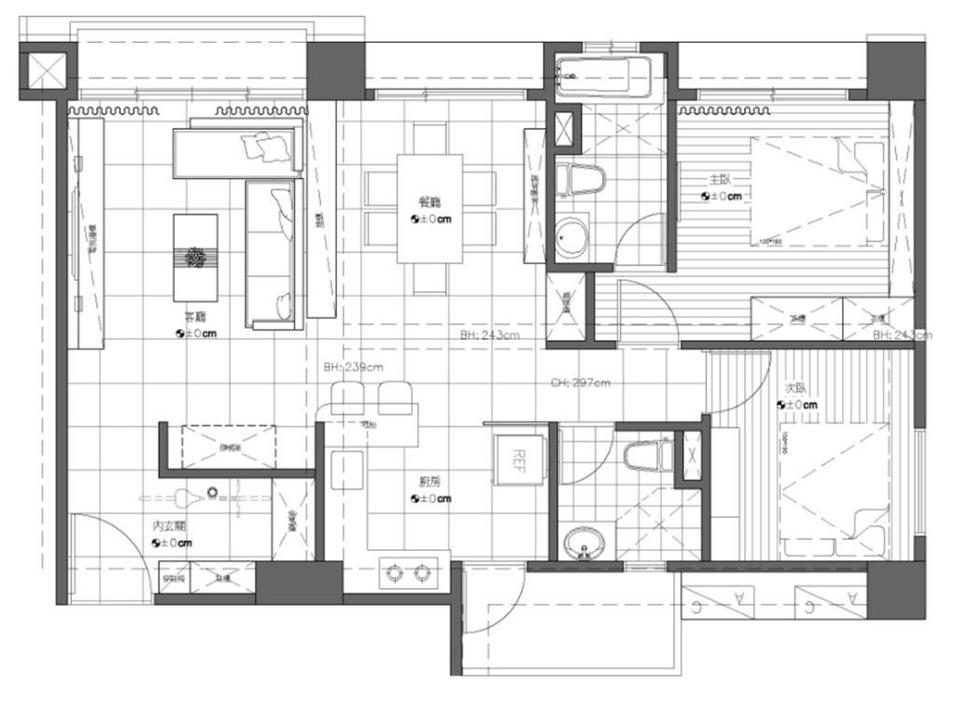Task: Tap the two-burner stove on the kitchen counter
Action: click(x=410, y=571)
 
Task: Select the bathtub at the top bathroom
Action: click(x=602, y=76)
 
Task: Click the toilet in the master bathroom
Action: click(x=580, y=178)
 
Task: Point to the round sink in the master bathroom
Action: click(x=571, y=239)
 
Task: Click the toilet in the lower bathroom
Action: click(x=647, y=456)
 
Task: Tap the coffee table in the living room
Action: click(x=195, y=258)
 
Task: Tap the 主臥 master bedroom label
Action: click(x=721, y=180)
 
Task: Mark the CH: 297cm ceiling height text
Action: click(x=580, y=383)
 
